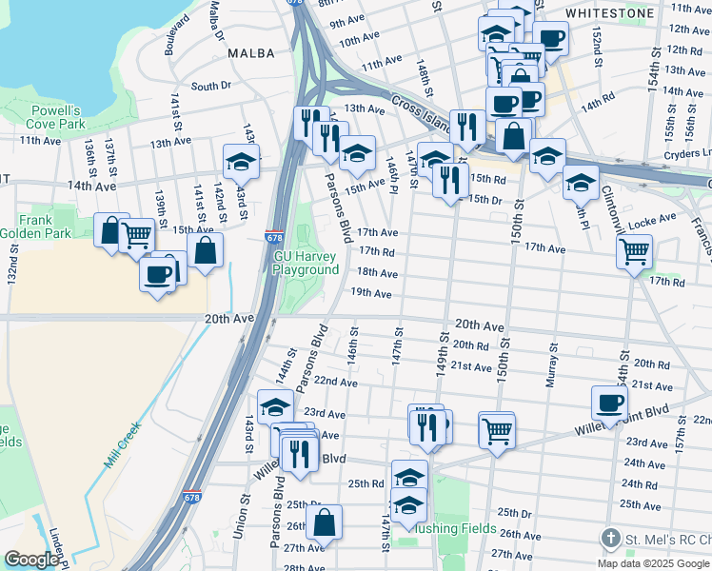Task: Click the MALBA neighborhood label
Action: pos(252,54)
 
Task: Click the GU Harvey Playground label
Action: pos(307,264)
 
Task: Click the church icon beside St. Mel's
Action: pos(610,540)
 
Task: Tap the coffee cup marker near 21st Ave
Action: pos(609,402)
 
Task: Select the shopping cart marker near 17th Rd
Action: pos(634,252)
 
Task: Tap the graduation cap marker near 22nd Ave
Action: pos(275,406)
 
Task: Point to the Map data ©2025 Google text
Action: pos(654,563)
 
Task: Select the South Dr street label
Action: pos(211,86)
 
